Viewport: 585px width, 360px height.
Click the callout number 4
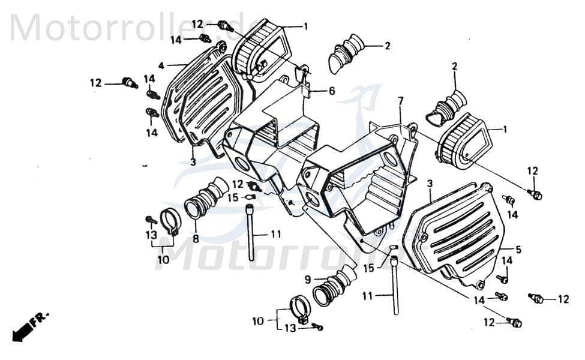click(x=161, y=65)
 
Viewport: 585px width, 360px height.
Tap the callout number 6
click(x=331, y=91)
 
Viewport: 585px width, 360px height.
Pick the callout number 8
click(x=196, y=238)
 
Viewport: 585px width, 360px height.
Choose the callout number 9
click(x=307, y=279)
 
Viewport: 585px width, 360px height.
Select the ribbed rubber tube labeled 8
click(x=207, y=197)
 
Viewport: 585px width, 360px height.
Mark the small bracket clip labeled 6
click(x=305, y=81)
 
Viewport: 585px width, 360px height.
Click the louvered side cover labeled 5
click(x=456, y=234)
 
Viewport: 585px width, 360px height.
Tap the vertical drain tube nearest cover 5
click(x=395, y=285)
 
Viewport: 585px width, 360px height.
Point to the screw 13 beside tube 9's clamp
click(x=317, y=327)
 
